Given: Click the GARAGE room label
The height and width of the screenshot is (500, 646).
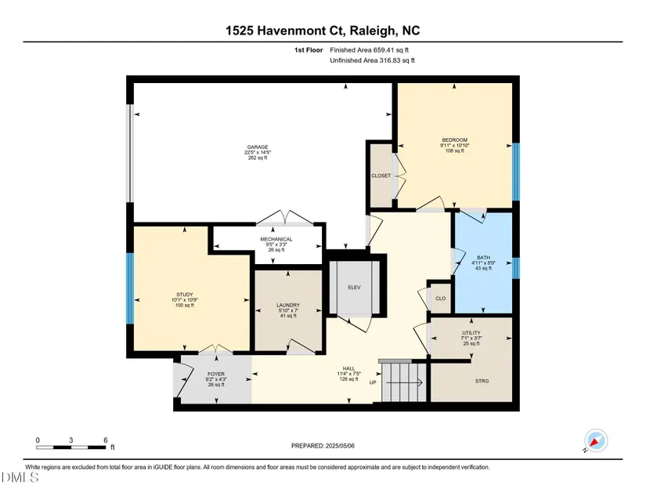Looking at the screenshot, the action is click(258, 147).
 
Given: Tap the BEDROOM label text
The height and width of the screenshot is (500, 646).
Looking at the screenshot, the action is click(455, 140).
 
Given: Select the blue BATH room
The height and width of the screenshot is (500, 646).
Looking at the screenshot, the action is click(484, 263).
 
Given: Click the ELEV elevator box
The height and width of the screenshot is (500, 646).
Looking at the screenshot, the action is click(354, 288).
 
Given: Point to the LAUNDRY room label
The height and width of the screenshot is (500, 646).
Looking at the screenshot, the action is click(288, 306).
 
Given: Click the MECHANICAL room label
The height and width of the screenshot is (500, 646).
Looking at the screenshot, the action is click(276, 240).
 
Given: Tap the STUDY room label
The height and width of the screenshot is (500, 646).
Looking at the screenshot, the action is click(185, 295).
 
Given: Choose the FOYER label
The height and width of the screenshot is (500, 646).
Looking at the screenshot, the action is click(216, 375).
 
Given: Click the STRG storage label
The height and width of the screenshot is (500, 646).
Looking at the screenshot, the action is click(482, 382).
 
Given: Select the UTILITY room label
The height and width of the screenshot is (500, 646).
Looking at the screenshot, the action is click(471, 333).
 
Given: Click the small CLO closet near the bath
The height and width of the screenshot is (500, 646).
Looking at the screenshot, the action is click(440, 298).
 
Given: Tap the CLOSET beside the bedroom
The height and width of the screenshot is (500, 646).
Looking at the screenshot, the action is click(381, 176).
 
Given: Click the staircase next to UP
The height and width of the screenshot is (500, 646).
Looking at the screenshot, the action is click(404, 382).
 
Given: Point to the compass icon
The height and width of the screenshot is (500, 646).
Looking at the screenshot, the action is click(595, 440).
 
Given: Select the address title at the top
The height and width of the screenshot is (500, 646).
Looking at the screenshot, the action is click(323, 31).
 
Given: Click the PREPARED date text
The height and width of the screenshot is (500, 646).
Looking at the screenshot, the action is click(323, 446).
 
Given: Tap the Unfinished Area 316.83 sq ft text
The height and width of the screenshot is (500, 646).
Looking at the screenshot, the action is click(372, 60).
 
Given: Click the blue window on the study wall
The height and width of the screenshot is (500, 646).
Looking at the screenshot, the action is click(130, 288).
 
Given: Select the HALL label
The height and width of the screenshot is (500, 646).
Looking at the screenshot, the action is click(348, 368).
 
